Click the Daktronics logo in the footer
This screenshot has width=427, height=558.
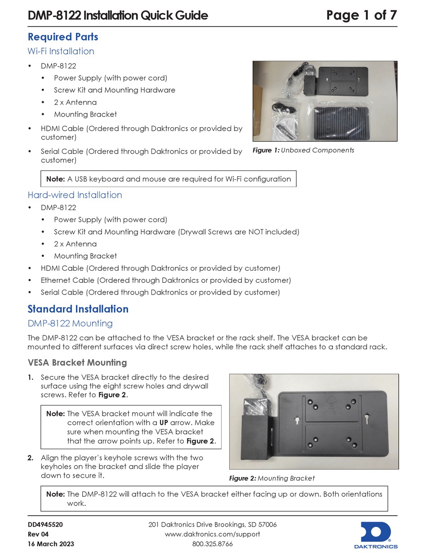(x=379, y=535)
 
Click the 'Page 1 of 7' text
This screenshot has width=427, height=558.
(x=361, y=15)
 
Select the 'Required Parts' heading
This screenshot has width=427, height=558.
(x=63, y=37)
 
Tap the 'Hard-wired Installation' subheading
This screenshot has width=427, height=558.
(x=75, y=195)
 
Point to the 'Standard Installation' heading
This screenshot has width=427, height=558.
(x=78, y=309)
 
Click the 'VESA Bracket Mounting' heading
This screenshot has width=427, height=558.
(x=77, y=362)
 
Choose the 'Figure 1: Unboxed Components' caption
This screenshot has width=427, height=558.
(x=303, y=150)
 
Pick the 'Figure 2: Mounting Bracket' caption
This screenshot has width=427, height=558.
(x=271, y=478)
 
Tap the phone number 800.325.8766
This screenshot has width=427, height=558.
(x=213, y=544)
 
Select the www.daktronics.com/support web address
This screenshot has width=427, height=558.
(x=213, y=534)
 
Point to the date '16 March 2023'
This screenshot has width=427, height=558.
(x=51, y=544)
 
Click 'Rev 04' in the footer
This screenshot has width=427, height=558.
(x=38, y=534)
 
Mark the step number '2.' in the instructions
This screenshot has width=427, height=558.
(x=30, y=458)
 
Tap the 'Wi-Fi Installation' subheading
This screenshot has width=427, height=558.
(x=61, y=51)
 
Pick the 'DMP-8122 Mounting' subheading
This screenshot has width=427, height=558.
(x=70, y=323)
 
